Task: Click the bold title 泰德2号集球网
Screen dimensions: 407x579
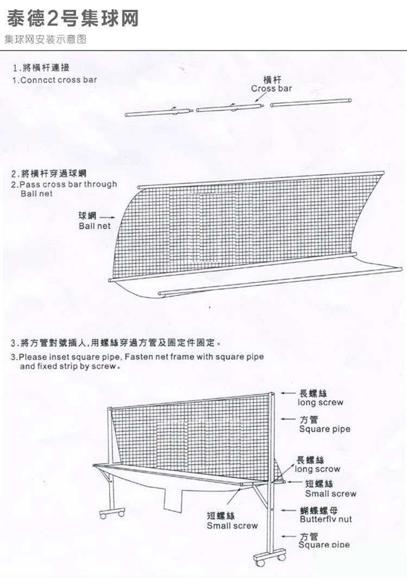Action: tap(73, 18)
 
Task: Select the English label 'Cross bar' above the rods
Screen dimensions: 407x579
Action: tap(271, 88)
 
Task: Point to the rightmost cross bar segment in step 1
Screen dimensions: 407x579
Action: tap(311, 101)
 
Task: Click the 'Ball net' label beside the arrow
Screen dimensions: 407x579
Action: tap(94, 226)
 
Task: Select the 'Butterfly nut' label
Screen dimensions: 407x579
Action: tap(326, 519)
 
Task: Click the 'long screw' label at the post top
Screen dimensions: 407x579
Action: tap(320, 403)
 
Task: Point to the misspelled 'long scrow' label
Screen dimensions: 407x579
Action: tap(318, 469)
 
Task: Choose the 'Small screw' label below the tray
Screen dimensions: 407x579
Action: tap(232, 525)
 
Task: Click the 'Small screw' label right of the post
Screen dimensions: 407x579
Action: tap(330, 494)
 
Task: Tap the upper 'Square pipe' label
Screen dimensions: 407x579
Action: tap(325, 429)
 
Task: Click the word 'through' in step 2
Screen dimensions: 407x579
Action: tap(100, 184)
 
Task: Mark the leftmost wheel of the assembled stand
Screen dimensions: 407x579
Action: tap(104, 513)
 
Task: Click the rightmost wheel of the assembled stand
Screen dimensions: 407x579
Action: tap(281, 557)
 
